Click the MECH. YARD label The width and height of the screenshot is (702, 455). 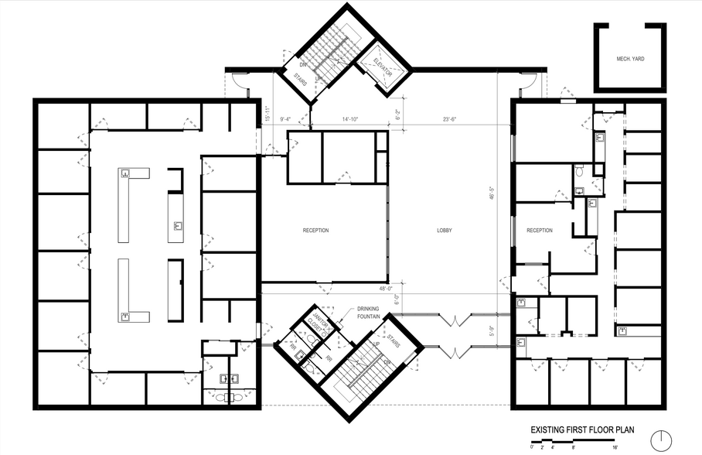631,59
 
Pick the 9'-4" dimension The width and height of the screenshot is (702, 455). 286,119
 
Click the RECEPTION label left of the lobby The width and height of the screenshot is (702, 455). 315,231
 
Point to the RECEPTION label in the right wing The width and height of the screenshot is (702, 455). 540,231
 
